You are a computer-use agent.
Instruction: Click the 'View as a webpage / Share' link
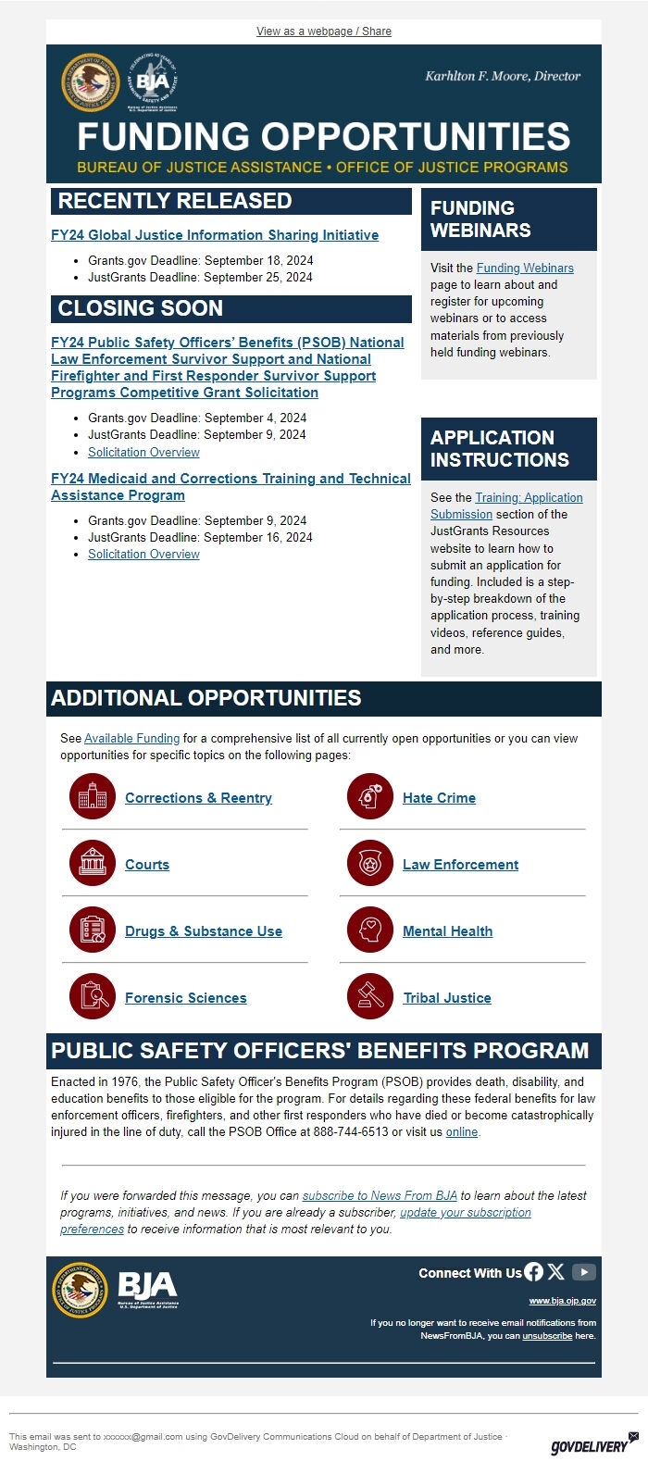pyautogui.click(x=323, y=31)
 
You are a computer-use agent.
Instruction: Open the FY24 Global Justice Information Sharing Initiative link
pyautogui.click(x=215, y=235)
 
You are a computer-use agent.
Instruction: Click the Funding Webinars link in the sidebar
pyautogui.click(x=524, y=268)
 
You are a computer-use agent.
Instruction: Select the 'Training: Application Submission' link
pyautogui.click(x=529, y=498)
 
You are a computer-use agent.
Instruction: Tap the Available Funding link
pyautogui.click(x=131, y=739)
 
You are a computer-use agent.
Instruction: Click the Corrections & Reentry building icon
pyautogui.click(x=93, y=797)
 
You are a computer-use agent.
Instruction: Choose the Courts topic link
pyautogui.click(x=147, y=865)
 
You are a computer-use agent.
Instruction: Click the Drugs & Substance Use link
pyautogui.click(x=204, y=931)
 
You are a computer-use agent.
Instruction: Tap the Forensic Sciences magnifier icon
pyautogui.click(x=93, y=997)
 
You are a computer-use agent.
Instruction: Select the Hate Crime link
pyautogui.click(x=439, y=798)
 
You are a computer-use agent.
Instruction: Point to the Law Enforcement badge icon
pyautogui.click(x=370, y=864)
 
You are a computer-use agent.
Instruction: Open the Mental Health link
pyautogui.click(x=447, y=931)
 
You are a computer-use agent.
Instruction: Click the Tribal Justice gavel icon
pyautogui.click(x=370, y=997)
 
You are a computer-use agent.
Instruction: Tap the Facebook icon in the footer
pyautogui.click(x=534, y=1272)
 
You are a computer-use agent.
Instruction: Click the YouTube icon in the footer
pyautogui.click(x=583, y=1272)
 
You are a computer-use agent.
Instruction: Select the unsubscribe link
pyautogui.click(x=546, y=1336)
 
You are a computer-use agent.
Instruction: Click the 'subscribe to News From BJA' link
pyautogui.click(x=380, y=1196)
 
